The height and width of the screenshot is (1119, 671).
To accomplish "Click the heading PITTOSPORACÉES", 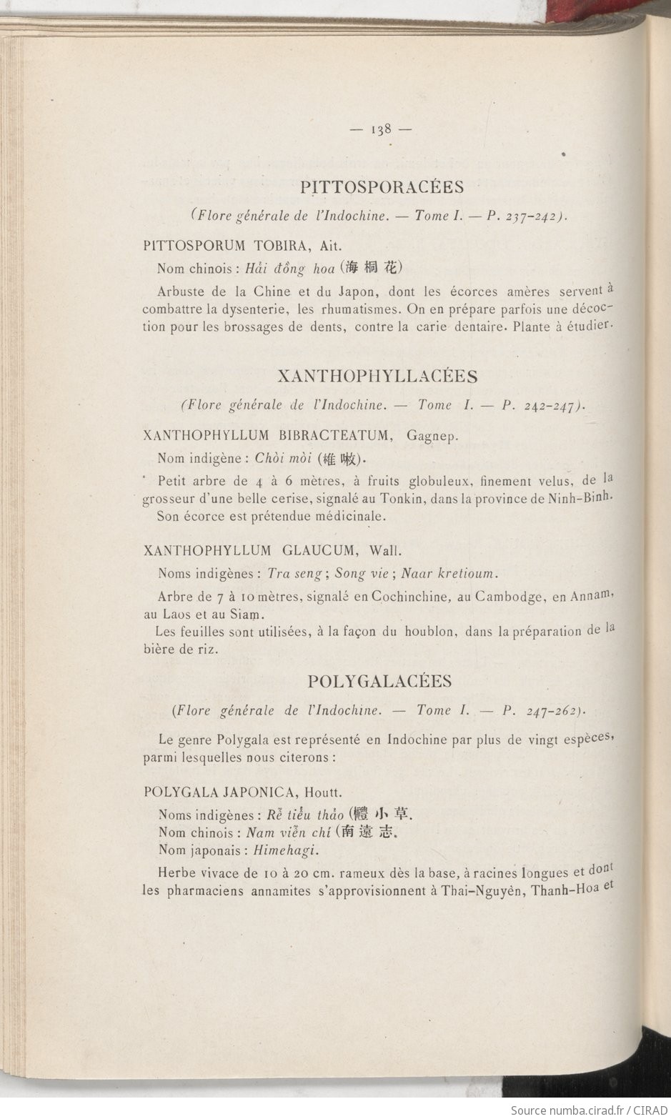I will tap(382, 187).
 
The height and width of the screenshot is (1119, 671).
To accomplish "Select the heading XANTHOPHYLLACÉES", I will tap(377, 377).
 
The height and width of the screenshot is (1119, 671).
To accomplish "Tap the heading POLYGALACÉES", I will tap(379, 681).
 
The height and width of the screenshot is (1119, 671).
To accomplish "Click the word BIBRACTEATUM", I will tap(337, 435).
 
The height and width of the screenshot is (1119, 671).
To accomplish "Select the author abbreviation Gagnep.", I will tap(432, 436).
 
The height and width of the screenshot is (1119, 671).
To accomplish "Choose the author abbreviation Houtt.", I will tap(323, 792).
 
